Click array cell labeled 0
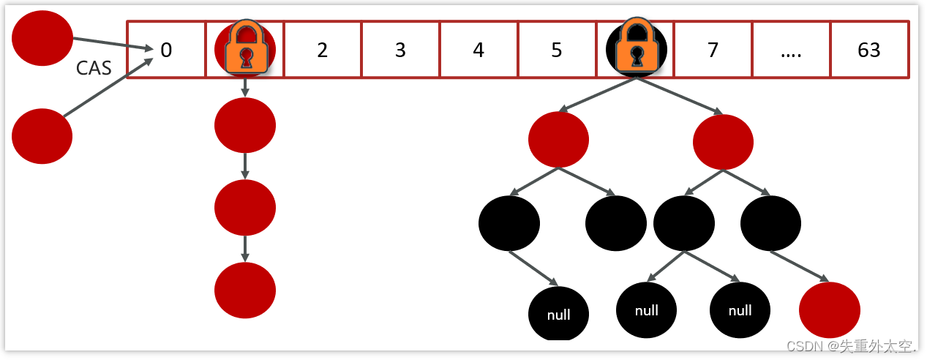[x=166, y=50]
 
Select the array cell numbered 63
[x=869, y=50]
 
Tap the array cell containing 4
[x=478, y=50]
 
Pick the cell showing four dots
[x=791, y=50]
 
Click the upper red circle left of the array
[x=42, y=37]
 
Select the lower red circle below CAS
[x=42, y=136]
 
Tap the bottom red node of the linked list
[x=244, y=290]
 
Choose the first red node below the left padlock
[x=244, y=124]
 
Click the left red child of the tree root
[x=558, y=139]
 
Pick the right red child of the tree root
[x=723, y=142]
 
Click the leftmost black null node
[x=558, y=314]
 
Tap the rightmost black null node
[x=740, y=310]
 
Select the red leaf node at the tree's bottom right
[x=829, y=310]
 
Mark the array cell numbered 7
[x=713, y=50]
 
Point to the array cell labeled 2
[x=323, y=50]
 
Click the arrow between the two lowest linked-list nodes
[x=244, y=248]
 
